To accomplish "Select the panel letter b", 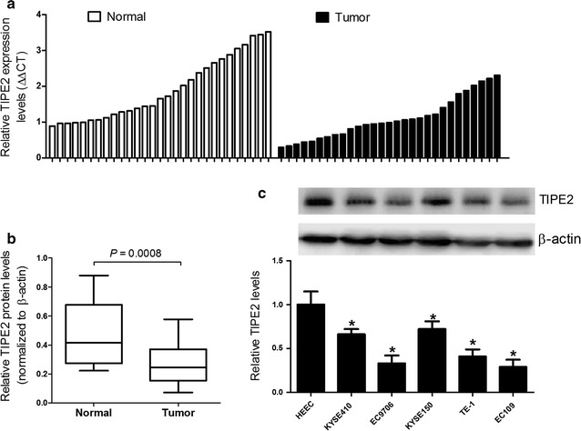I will point(9,239).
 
